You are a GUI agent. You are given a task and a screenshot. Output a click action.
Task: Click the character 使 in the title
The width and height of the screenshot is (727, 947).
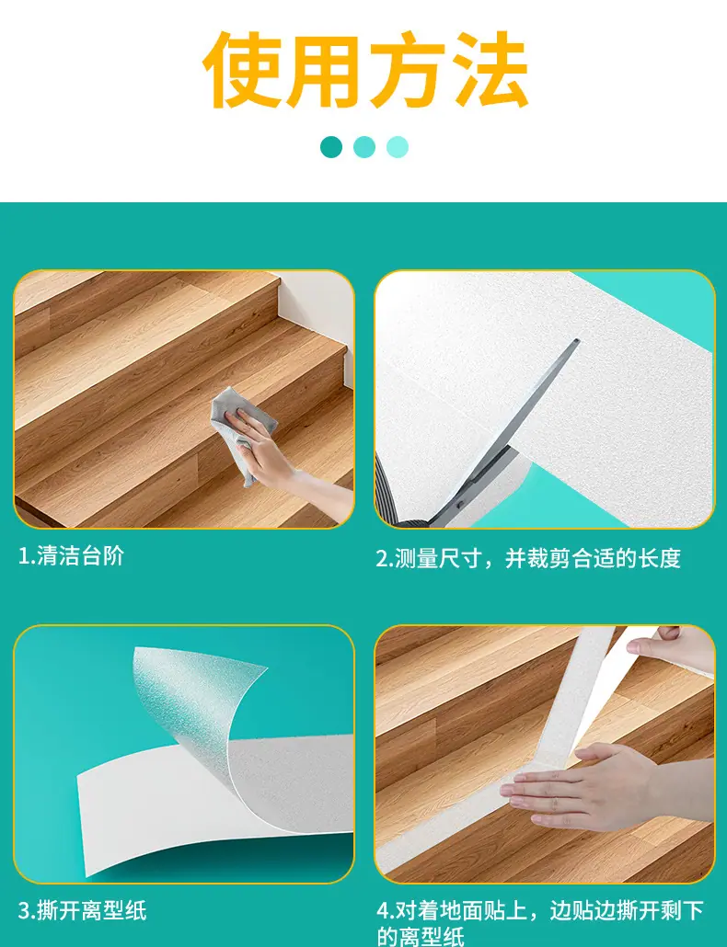pyautogui.click(x=244, y=70)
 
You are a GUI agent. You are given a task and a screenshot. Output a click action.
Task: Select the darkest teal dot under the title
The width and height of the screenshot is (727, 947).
pyautogui.click(x=331, y=147)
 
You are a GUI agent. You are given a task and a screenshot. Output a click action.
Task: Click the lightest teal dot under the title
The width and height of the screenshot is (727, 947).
pyautogui.click(x=397, y=147)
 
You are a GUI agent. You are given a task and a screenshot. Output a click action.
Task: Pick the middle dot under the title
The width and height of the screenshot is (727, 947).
pyautogui.click(x=364, y=147)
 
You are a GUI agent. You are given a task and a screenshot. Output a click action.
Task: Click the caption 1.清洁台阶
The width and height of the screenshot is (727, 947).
pyautogui.click(x=71, y=555)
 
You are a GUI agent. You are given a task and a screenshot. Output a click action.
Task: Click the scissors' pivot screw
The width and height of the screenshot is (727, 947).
pyautogui.click(x=462, y=503)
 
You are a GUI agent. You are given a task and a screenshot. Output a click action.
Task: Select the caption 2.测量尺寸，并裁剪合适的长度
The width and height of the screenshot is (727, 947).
pyautogui.click(x=528, y=558)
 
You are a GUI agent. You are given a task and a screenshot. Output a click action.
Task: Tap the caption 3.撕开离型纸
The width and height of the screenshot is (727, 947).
pyautogui.click(x=82, y=910)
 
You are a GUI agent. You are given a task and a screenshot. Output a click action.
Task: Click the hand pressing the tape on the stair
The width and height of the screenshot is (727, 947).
pyautogui.click(x=580, y=785)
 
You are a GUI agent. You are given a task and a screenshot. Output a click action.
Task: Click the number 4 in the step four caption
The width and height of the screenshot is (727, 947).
pyautogui.click(x=383, y=910)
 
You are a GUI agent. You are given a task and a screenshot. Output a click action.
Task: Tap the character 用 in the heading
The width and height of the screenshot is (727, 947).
pyautogui.click(x=325, y=70)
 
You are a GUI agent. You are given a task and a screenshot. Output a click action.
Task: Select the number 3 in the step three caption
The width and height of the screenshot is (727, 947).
pyautogui.click(x=24, y=911)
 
